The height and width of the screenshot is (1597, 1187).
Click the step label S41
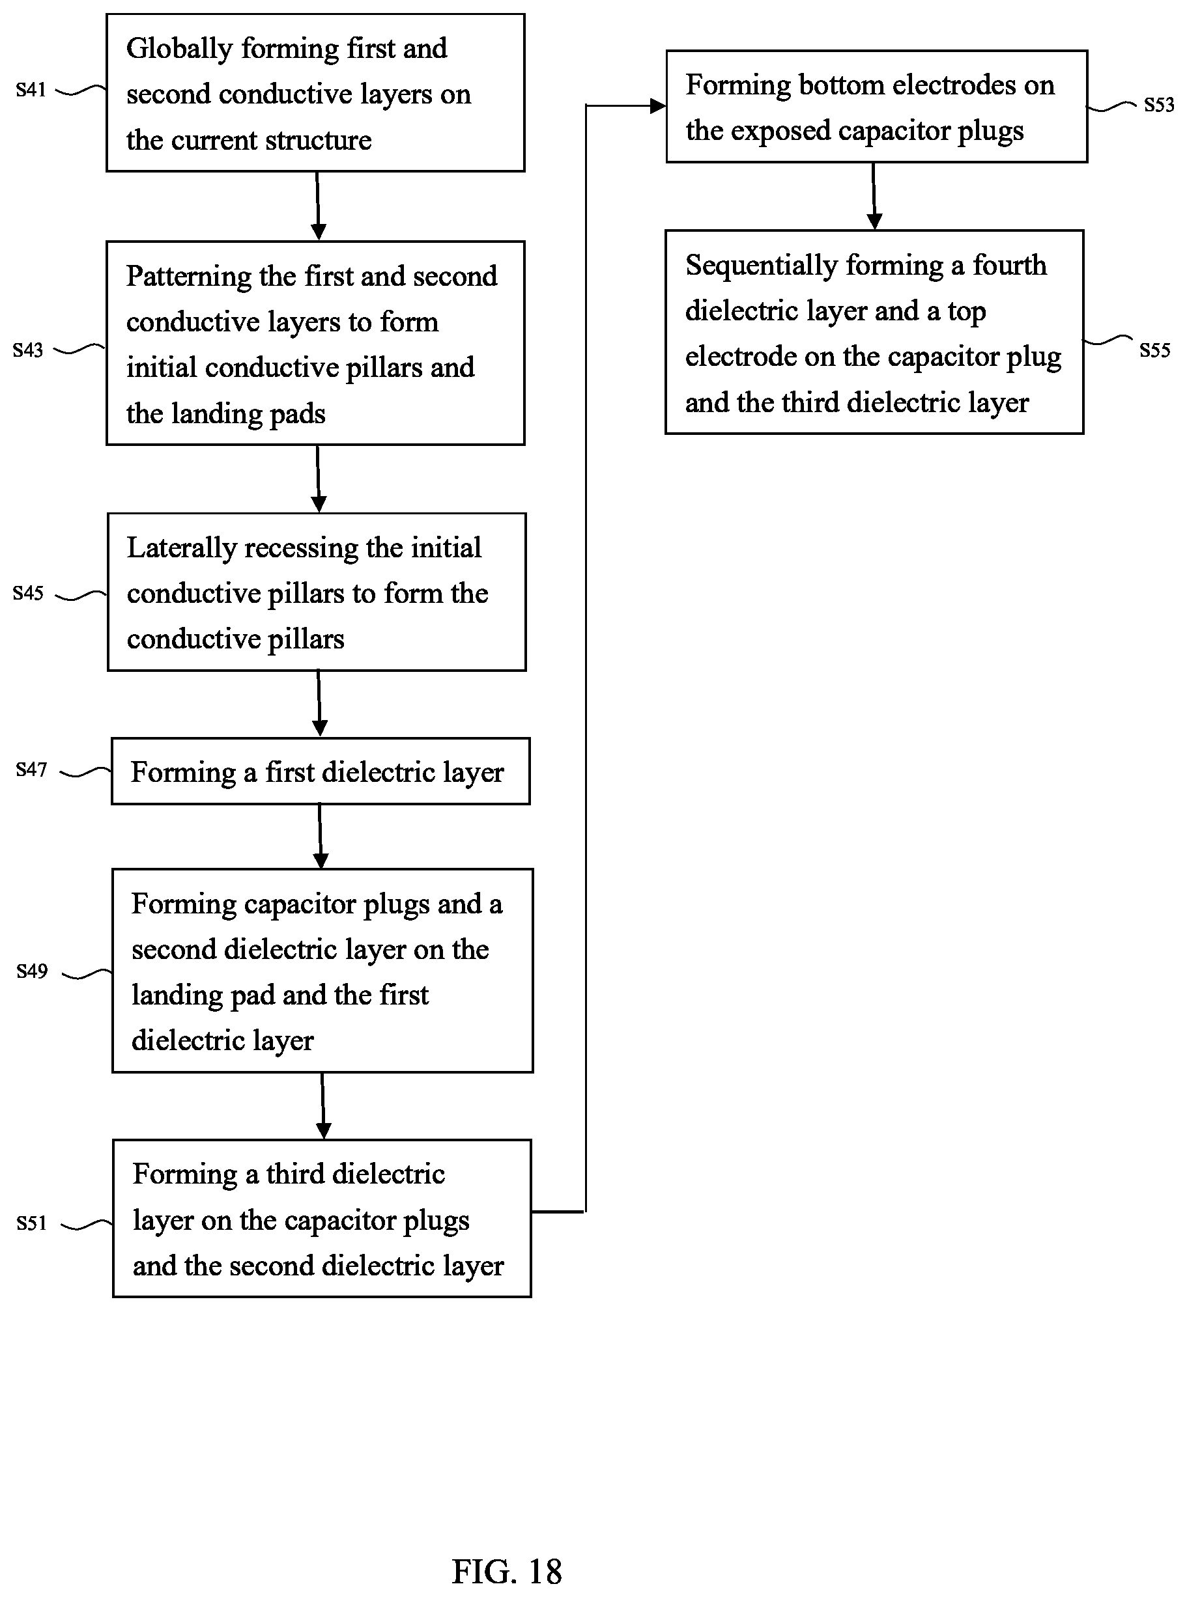tap(31, 90)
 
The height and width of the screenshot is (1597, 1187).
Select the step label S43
tap(28, 350)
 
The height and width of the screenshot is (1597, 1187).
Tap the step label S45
tap(28, 593)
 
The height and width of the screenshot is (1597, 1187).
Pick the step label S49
tap(32, 971)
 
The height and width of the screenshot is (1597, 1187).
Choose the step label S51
tap(32, 1223)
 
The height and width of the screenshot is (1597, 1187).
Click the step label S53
tap(1159, 105)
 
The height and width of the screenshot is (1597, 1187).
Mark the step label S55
tap(1154, 350)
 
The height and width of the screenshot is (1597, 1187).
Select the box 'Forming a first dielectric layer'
tap(321, 771)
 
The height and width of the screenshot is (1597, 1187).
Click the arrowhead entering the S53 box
tap(658, 106)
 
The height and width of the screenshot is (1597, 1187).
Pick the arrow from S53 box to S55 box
tap(874, 196)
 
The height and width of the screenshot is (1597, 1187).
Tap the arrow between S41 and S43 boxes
tap(317, 206)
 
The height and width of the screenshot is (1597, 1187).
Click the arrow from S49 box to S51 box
tap(322, 1106)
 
